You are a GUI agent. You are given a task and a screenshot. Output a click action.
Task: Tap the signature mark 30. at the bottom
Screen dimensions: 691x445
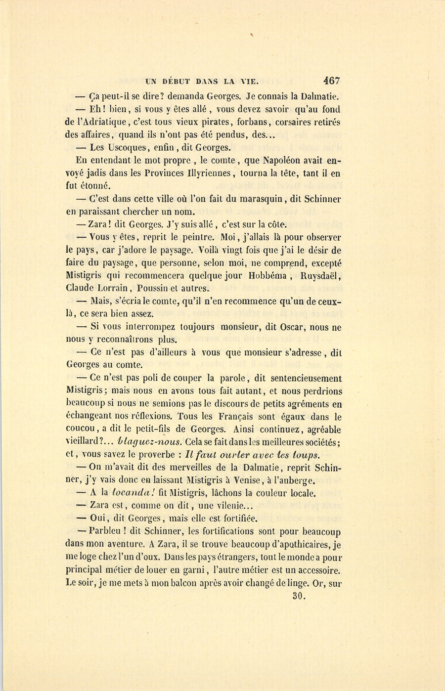[x=299, y=596]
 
